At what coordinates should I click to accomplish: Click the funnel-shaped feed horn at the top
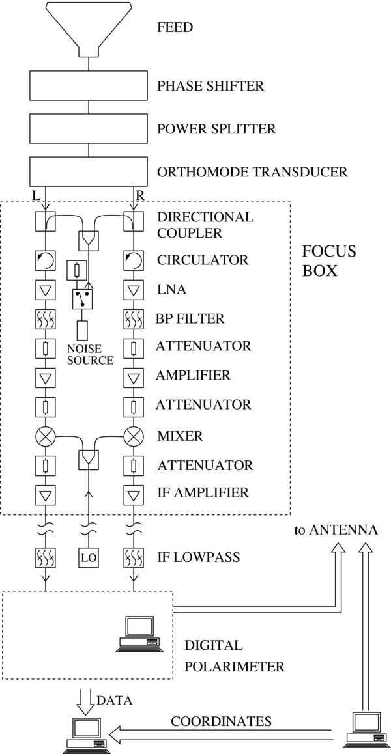tap(89, 26)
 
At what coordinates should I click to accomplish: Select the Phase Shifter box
tap(89, 86)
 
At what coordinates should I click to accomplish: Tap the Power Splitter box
tap(89, 129)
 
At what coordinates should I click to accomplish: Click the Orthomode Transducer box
tap(89, 172)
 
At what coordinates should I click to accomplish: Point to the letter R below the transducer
tap(139, 195)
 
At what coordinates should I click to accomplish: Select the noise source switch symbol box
tap(83, 299)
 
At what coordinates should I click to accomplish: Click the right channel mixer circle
tap(133, 436)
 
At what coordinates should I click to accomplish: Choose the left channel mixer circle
tap(45, 436)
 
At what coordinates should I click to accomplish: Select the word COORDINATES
tap(221, 721)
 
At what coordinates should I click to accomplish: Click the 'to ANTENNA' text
tap(335, 529)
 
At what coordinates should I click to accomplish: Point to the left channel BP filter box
tap(45, 319)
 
